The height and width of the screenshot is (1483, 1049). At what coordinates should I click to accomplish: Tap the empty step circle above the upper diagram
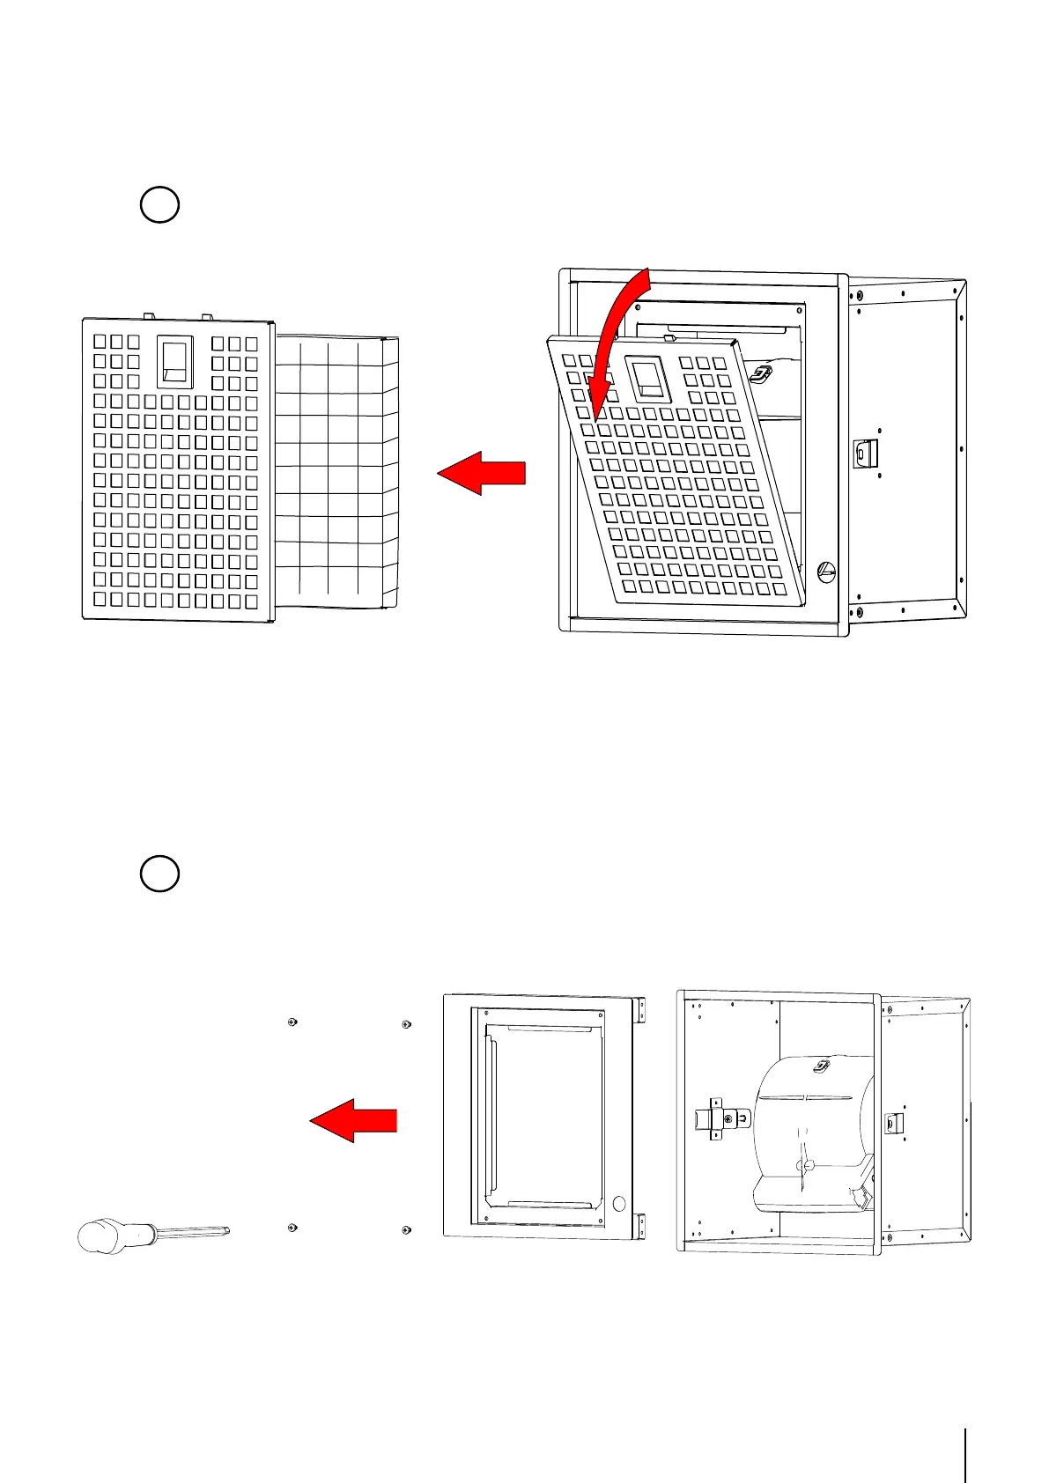point(159,204)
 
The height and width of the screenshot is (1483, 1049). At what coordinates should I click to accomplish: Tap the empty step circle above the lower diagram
point(159,874)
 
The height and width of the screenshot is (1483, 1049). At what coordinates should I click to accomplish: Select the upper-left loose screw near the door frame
point(292,1022)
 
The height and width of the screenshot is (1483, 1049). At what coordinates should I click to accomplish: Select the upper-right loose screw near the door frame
point(406,1024)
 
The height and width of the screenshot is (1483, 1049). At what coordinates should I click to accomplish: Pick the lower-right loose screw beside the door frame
point(406,1229)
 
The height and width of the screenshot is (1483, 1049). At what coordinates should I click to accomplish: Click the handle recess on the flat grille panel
point(175,362)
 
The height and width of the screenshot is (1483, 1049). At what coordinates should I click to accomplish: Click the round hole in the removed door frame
point(618,1202)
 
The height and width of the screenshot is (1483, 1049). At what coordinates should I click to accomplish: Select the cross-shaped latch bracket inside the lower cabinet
point(717,1118)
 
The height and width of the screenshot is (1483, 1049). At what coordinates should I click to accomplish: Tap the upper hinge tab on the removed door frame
point(641,1010)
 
